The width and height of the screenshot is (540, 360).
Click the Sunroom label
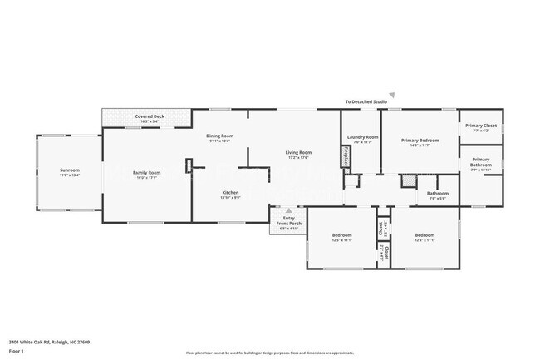point(70,172)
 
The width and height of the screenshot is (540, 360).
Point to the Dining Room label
point(220,138)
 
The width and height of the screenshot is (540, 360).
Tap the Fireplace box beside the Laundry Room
point(346,156)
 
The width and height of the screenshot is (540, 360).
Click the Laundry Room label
point(363,139)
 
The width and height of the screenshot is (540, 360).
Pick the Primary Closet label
point(481,127)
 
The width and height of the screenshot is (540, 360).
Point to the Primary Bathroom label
point(481,162)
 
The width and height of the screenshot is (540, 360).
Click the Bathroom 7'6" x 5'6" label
point(438,195)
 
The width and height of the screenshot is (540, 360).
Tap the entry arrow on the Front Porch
point(288,211)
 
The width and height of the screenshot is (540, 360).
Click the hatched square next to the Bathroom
point(407,180)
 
